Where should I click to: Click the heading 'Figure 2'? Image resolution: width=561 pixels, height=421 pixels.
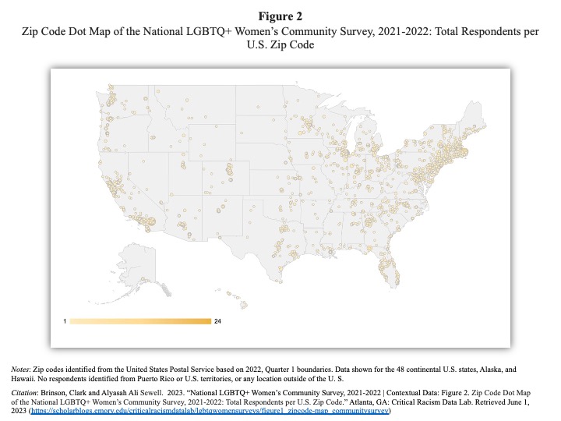280,16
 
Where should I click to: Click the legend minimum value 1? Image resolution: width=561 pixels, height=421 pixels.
65,321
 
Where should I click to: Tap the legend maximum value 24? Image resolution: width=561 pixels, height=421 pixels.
217,321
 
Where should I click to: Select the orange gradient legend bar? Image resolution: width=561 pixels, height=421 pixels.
140,321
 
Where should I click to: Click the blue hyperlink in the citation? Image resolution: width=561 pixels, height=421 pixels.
210,410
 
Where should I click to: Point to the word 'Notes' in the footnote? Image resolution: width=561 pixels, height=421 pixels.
19,369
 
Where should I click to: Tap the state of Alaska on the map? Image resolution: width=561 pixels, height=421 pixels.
138,265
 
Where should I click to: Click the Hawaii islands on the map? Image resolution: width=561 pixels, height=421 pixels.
236,298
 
